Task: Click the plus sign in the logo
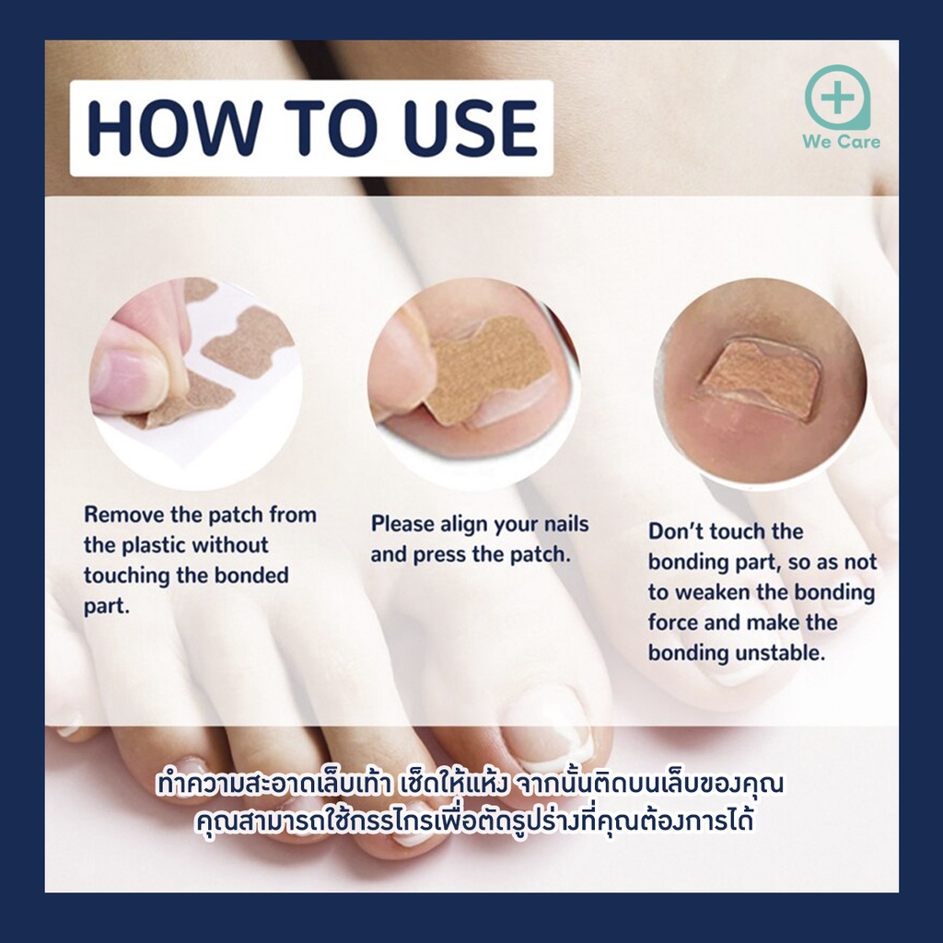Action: point(836,97)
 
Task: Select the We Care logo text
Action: point(841,142)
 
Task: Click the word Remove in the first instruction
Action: point(123,515)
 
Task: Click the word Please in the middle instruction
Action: point(402,524)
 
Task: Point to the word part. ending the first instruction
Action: point(107,606)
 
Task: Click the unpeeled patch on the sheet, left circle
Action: point(247,340)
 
